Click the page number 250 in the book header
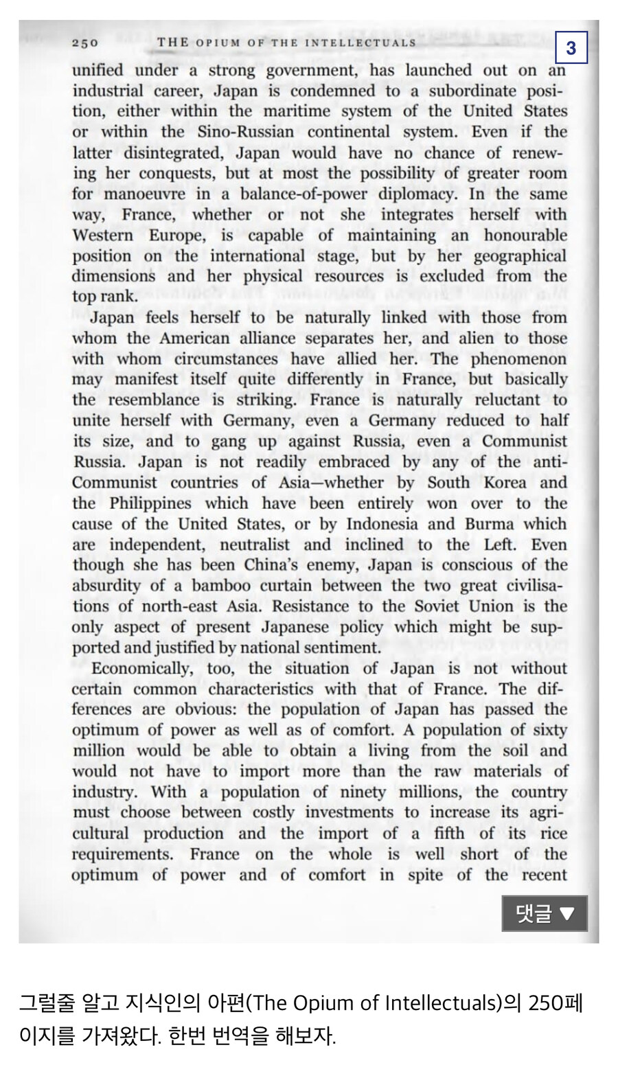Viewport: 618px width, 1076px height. point(85,43)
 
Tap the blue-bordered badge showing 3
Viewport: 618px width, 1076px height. point(571,47)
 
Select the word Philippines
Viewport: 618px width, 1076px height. point(150,503)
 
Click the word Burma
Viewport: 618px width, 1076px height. point(489,524)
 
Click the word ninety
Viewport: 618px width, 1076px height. point(377,792)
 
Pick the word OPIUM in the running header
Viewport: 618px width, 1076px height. point(220,43)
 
